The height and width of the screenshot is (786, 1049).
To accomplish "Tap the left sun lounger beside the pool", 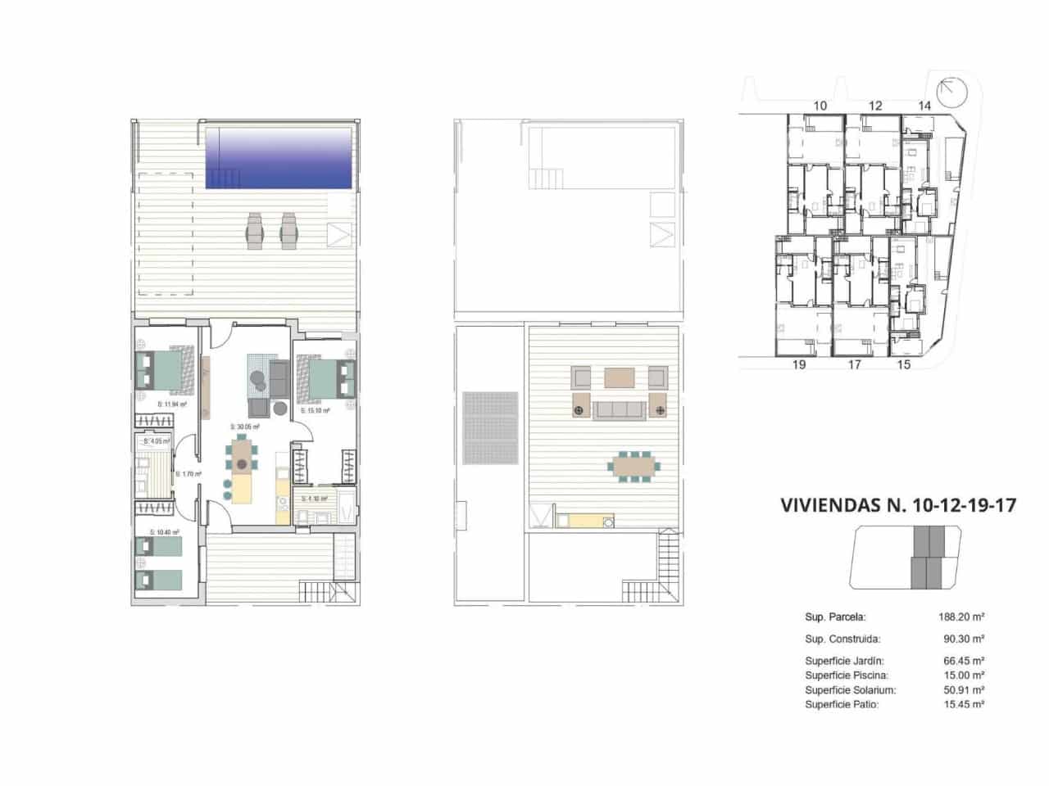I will click(x=254, y=230).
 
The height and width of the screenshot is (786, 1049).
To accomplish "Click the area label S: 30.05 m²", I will click(x=244, y=427).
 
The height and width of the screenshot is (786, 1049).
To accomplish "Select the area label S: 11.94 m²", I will click(x=172, y=404).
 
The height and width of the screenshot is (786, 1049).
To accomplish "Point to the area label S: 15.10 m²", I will click(x=315, y=411).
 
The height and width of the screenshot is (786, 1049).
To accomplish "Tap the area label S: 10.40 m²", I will click(x=164, y=532).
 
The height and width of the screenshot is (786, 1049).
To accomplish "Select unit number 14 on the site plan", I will click(x=924, y=106).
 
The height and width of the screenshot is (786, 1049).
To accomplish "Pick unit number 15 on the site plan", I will click(x=903, y=365).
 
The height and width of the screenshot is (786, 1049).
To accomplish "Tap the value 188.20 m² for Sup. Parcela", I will click(x=960, y=617).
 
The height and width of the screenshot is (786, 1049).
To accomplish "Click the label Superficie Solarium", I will click(x=850, y=690).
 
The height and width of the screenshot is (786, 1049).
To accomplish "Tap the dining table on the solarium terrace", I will click(x=633, y=466).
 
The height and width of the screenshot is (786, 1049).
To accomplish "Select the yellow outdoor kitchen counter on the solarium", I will click(x=585, y=519).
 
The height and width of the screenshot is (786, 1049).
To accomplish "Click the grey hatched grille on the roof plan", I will click(x=490, y=427).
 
